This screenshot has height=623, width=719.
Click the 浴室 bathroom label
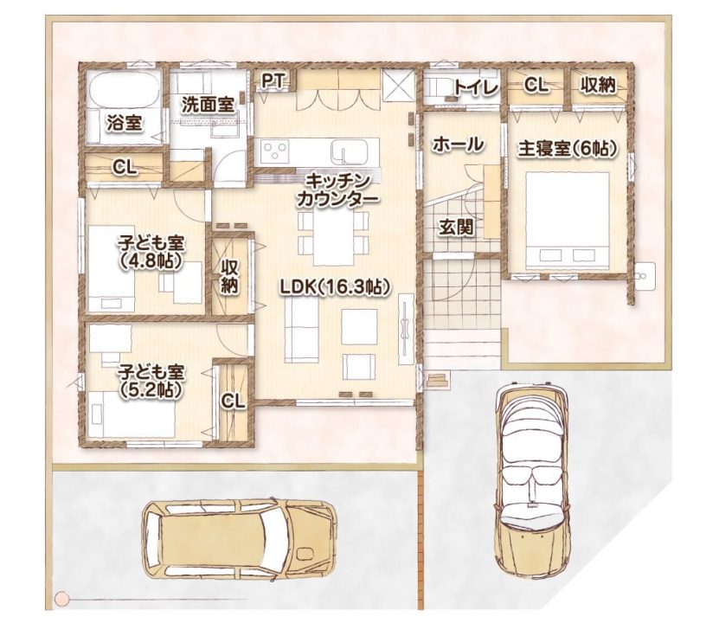click(x=125, y=123)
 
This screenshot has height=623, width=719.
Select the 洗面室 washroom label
click(x=208, y=106)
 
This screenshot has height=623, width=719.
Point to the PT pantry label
click(x=273, y=80)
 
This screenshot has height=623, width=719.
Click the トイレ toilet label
click(x=477, y=87)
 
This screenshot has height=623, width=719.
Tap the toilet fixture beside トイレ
click(x=438, y=87)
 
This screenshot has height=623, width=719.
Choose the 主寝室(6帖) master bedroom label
click(x=567, y=149)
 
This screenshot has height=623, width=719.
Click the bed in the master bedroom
click(x=568, y=221)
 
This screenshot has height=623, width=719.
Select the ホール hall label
click(x=458, y=145)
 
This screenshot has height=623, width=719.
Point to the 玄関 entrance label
click(x=456, y=228)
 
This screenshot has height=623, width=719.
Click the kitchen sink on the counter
click(x=350, y=151)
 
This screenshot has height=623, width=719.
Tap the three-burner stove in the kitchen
click(x=274, y=151)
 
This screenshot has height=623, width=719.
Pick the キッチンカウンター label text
click(x=338, y=189)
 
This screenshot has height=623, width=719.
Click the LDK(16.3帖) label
click(x=336, y=287)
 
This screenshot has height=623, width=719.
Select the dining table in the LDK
click(x=333, y=238)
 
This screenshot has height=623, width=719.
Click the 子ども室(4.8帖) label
click(x=151, y=252)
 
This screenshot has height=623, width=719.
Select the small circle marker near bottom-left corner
click(x=61, y=598)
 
